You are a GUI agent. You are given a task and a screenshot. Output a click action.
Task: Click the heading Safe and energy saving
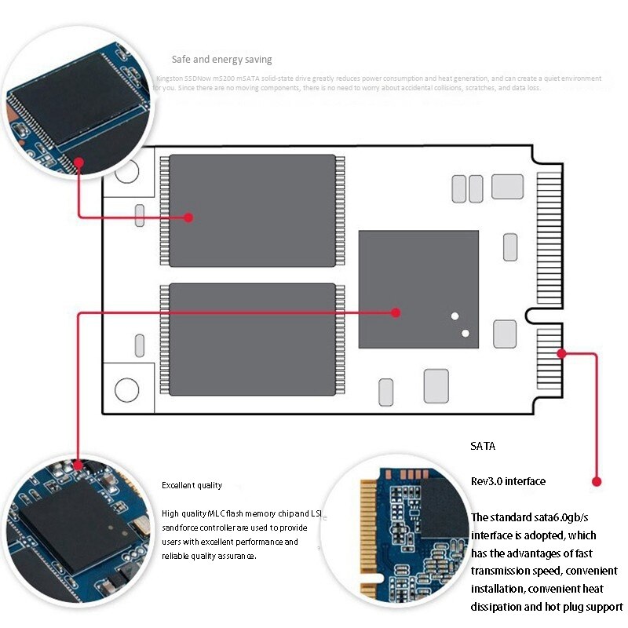point(222,60)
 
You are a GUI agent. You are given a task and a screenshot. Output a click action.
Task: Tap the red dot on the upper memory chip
point(188,217)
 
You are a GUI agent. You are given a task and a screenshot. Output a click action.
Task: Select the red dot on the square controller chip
point(396,312)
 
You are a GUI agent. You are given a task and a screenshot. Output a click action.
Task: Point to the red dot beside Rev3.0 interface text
point(597,481)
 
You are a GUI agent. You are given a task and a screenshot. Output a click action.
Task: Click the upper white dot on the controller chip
point(455,316)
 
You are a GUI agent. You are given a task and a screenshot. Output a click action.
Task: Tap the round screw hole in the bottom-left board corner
point(126,389)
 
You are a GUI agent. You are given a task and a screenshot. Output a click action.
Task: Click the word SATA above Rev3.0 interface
point(483,447)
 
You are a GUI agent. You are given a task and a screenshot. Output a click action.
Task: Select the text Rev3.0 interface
point(508,481)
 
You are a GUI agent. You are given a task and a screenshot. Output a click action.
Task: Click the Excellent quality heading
point(192,486)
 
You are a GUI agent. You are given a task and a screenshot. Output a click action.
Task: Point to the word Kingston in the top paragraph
point(170,78)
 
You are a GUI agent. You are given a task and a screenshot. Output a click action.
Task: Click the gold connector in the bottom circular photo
point(367,534)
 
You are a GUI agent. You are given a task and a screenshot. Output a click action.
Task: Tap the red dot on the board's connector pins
point(561,352)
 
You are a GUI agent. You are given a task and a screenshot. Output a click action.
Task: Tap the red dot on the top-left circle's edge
point(79,161)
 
